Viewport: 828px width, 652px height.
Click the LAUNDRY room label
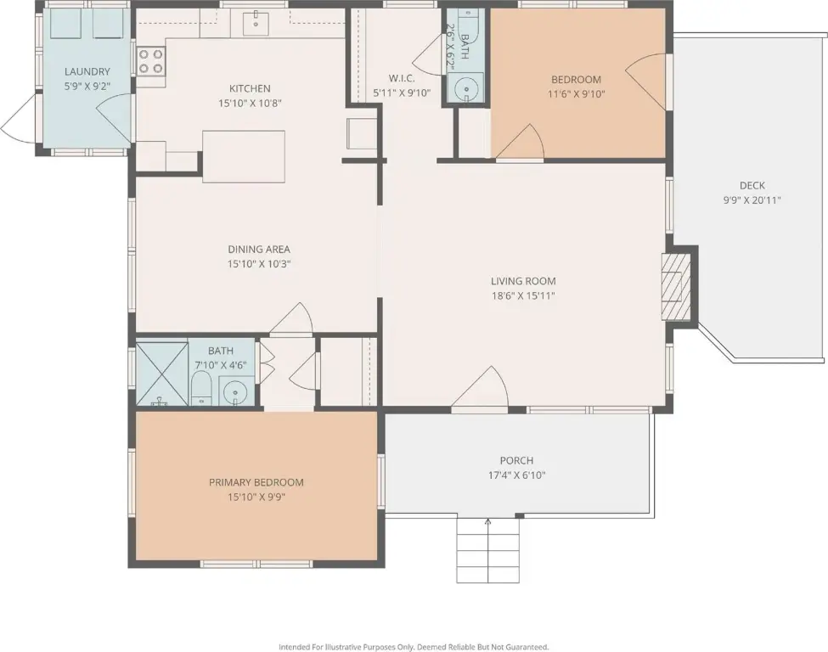click(x=87, y=71)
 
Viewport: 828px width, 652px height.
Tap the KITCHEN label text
click(x=250, y=88)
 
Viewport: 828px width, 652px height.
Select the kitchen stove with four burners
click(x=151, y=61)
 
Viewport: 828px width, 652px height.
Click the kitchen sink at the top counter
click(x=256, y=22)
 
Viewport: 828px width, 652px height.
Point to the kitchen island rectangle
click(x=244, y=157)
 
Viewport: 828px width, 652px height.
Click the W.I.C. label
click(x=402, y=78)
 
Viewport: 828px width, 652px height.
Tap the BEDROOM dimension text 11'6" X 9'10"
click(x=576, y=94)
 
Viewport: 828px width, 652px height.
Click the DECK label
click(x=752, y=185)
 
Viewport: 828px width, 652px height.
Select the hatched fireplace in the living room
click(x=676, y=287)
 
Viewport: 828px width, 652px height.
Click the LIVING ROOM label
click(x=523, y=281)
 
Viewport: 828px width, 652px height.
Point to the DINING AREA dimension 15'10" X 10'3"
click(x=259, y=264)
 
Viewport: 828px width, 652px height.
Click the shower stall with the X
click(x=162, y=374)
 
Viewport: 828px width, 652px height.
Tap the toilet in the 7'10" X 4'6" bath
click(x=201, y=389)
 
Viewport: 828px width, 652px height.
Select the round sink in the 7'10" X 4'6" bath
click(x=234, y=391)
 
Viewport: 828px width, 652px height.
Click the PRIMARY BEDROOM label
click(x=256, y=482)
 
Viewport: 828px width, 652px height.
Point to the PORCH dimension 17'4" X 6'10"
click(x=516, y=475)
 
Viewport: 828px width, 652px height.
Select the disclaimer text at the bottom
click(x=414, y=647)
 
